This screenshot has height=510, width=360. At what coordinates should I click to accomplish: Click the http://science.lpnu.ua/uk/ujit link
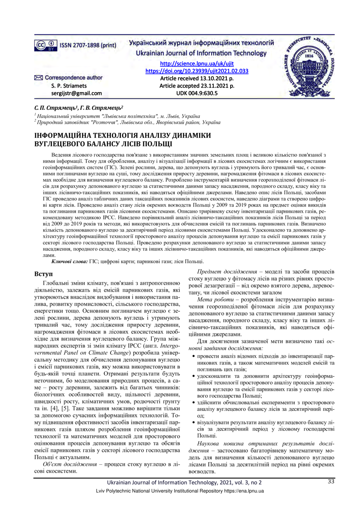pos(197,64)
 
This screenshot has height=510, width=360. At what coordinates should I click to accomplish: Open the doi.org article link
pos(197,71)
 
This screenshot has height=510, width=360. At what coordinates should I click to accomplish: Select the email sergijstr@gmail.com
pos(76,93)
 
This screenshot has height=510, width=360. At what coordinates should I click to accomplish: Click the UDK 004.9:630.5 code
pos(197,93)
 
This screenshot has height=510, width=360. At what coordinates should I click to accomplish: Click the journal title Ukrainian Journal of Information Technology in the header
pos(197,53)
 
